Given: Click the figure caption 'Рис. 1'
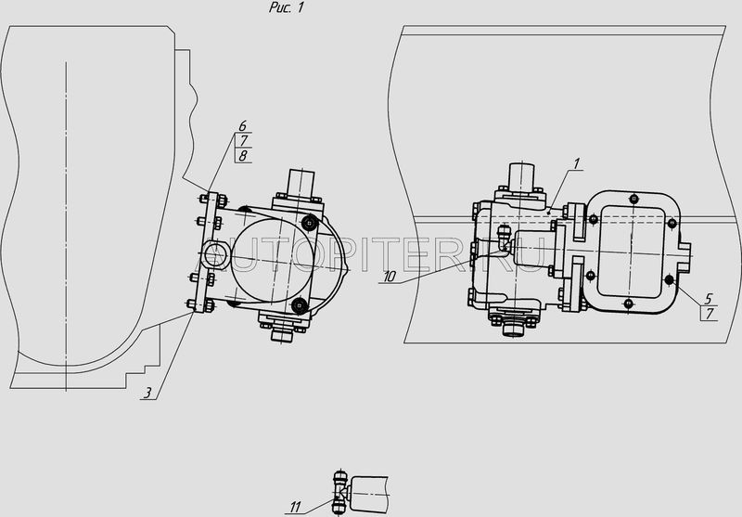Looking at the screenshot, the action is pyautogui.click(x=286, y=7).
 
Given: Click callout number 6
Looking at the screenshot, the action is pyautogui.click(x=242, y=126).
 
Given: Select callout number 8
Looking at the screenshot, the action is pyautogui.click(x=243, y=156).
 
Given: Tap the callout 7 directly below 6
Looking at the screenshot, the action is pyautogui.click(x=244, y=140).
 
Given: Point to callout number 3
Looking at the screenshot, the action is pyautogui.click(x=148, y=393).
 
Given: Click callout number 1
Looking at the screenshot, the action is pyautogui.click(x=576, y=163).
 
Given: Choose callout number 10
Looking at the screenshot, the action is pyautogui.click(x=389, y=277).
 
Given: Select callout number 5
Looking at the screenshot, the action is pyautogui.click(x=709, y=299).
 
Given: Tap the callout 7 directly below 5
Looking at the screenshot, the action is pyautogui.click(x=710, y=314).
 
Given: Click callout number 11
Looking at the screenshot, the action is pyautogui.click(x=295, y=508).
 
